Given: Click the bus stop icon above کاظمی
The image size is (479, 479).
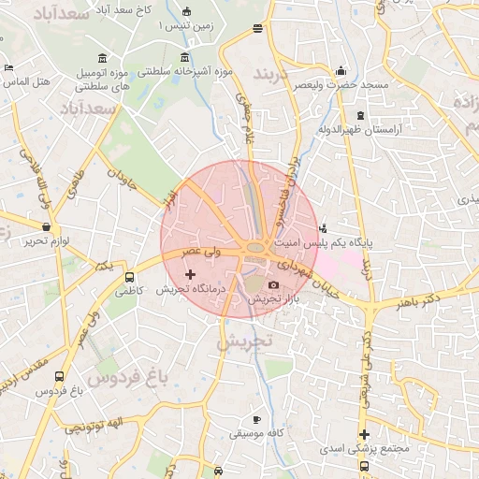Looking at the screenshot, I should point(129,278).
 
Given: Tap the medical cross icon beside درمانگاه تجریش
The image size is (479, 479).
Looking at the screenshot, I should point(191,274).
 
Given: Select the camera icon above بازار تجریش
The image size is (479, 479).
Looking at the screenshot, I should point(273,284).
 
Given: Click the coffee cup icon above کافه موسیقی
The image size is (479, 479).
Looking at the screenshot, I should point(257,420).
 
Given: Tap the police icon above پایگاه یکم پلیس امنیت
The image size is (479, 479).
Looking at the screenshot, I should point(324,227).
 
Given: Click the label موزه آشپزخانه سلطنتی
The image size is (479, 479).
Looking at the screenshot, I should point(185,71).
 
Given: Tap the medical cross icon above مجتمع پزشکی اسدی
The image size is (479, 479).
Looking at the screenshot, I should point(364,434).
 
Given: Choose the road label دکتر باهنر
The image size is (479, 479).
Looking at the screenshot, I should point(416,302).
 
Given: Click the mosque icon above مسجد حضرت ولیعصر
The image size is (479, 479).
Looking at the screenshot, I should point(341,70).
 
